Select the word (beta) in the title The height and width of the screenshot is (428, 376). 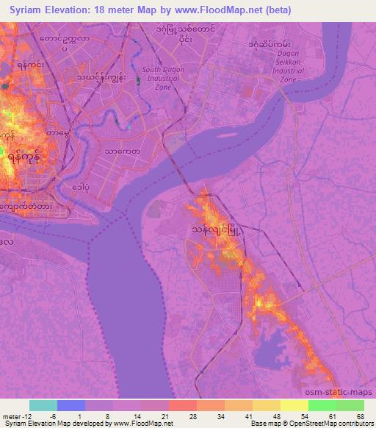[275, 10]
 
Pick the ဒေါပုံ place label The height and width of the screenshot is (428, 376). [84, 187]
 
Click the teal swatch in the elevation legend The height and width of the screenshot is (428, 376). [43, 405]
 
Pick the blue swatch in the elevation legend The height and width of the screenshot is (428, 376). [71, 405]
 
